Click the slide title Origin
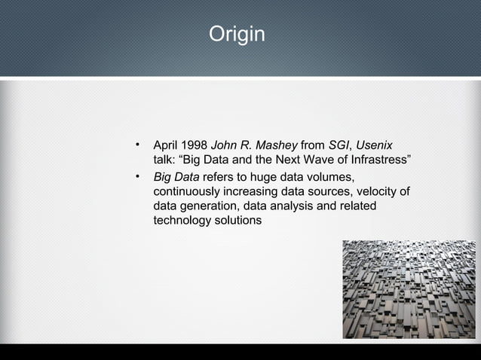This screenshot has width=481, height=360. [237, 35]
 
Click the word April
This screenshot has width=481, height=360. [166, 145]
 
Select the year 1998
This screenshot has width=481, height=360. [195, 145]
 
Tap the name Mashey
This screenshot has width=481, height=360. [277, 145]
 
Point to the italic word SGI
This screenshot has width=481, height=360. [340, 145]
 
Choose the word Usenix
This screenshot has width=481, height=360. [374, 145]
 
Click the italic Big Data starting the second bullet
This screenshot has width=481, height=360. [176, 177]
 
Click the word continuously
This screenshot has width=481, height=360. [185, 191]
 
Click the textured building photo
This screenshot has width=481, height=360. [409, 289]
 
